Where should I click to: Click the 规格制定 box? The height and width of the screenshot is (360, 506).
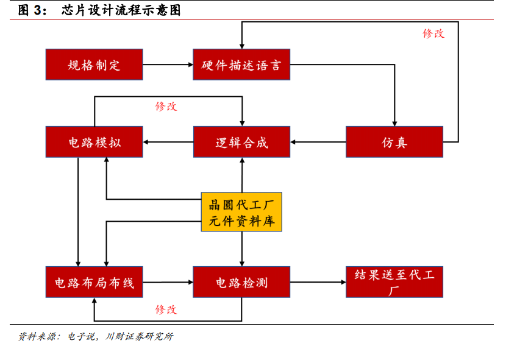pyautogui.click(x=94, y=65)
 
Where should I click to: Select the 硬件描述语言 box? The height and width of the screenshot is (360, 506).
pyautogui.click(x=241, y=65)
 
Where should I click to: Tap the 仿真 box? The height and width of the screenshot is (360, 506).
pyautogui.click(x=394, y=142)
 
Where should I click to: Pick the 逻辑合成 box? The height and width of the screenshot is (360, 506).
pyautogui.click(x=241, y=142)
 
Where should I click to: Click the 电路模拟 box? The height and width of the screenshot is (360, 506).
pyautogui.click(x=94, y=142)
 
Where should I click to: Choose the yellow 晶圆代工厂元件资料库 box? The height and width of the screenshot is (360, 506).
pyautogui.click(x=241, y=212)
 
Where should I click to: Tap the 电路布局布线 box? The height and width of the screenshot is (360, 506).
pyautogui.click(x=94, y=282)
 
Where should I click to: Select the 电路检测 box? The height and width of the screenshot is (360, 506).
pyautogui.click(x=241, y=282)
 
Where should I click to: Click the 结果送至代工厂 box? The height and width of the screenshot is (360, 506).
pyautogui.click(x=394, y=282)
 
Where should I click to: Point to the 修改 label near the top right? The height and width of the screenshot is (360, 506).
pyautogui.click(x=433, y=34)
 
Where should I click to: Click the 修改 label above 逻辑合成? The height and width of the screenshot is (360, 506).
pyautogui.click(x=166, y=106)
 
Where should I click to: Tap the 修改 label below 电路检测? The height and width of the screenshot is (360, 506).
pyautogui.click(x=166, y=309)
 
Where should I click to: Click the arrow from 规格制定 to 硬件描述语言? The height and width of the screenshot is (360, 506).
pyautogui.click(x=168, y=65)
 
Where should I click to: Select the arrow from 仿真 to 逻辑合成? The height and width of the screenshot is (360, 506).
pyautogui.click(x=318, y=142)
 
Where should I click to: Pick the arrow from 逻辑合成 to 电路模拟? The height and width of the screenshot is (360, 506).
pyautogui.click(x=168, y=142)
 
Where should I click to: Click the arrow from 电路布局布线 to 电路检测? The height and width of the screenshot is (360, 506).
pyautogui.click(x=168, y=282)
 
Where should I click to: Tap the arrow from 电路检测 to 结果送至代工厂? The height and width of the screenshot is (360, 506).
pyautogui.click(x=318, y=282)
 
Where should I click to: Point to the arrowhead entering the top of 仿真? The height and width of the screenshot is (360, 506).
pyautogui.click(x=394, y=124)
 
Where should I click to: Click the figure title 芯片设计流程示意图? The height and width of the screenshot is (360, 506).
pyautogui.click(x=121, y=10)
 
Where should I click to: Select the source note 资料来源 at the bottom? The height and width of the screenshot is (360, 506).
pyautogui.click(x=96, y=336)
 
